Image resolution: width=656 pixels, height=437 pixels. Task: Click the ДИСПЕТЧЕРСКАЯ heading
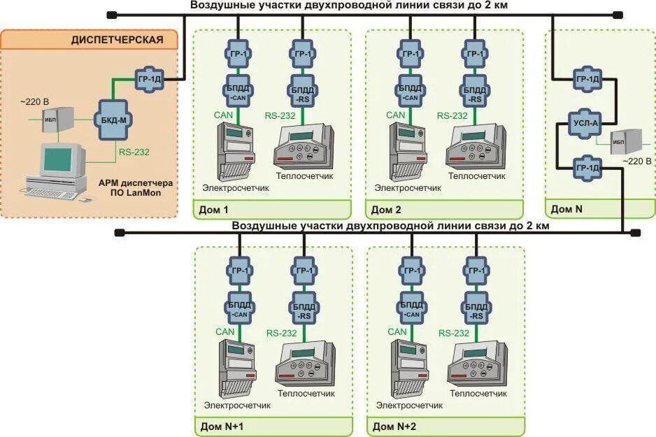(x=117, y=39)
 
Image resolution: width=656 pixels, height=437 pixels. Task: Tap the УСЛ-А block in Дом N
(x=585, y=124)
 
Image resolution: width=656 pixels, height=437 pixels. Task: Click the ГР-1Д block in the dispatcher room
(x=148, y=78)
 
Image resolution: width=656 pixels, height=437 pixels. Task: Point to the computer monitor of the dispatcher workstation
(x=62, y=159)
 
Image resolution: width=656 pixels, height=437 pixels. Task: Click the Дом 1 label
(x=213, y=209)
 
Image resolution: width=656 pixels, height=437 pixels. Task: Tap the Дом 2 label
(x=386, y=209)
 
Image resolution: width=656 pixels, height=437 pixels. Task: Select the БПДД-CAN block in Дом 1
(x=238, y=92)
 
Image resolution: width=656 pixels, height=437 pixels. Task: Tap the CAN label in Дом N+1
(x=225, y=331)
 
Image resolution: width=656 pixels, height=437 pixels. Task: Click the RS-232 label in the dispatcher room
(x=134, y=150)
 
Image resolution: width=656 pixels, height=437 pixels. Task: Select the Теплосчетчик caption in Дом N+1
(x=306, y=394)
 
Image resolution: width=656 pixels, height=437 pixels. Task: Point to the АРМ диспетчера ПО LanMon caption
(x=137, y=187)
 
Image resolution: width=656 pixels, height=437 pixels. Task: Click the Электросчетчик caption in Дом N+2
(x=409, y=405)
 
